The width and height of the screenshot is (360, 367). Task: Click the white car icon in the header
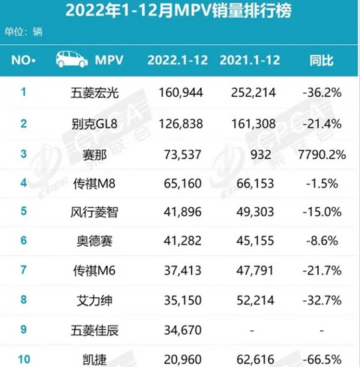pyautogui.click(x=72, y=59)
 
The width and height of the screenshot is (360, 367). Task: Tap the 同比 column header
pyautogui.click(x=322, y=60)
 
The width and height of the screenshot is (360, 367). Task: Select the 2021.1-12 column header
pyautogui.click(x=250, y=60)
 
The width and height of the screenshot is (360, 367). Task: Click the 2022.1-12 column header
pyautogui.click(x=178, y=60)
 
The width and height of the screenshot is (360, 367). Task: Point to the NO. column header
pyautogui.click(x=23, y=60)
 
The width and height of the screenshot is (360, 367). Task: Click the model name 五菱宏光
pyautogui.click(x=94, y=93)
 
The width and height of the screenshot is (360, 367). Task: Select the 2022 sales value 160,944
pyautogui.click(x=181, y=93)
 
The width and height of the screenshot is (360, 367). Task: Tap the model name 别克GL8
pyautogui.click(x=94, y=124)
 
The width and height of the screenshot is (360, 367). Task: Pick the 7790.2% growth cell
pyautogui.click(x=322, y=155)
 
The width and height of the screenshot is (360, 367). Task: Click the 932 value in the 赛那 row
pyautogui.click(x=260, y=155)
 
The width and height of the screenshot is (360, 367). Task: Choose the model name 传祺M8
pyautogui.click(x=94, y=184)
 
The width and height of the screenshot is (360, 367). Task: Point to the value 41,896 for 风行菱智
pyautogui.click(x=182, y=212)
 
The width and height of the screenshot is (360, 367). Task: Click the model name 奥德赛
pyautogui.click(x=94, y=241)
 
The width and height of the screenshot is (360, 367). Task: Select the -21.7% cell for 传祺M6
pyautogui.click(x=322, y=270)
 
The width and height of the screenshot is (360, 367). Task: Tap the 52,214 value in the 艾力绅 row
pyautogui.click(x=255, y=300)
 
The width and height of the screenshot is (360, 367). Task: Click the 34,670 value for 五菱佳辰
pyautogui.click(x=183, y=330)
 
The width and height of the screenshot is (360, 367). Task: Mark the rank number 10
pyautogui.click(x=24, y=359)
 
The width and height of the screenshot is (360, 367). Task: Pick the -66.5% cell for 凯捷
pyautogui.click(x=322, y=359)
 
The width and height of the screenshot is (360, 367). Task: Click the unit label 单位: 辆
pyautogui.click(x=23, y=32)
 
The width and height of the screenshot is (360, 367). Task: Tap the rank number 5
pyautogui.click(x=23, y=211)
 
